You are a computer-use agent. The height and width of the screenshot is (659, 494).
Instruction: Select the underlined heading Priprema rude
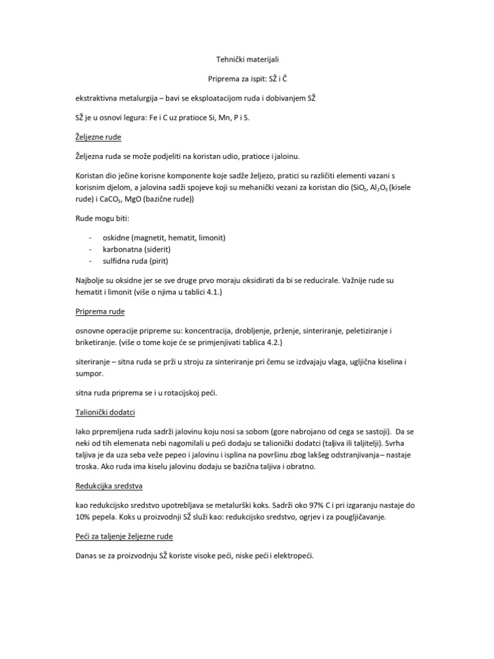(98, 311)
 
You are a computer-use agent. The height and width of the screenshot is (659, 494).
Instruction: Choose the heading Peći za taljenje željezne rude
(124, 536)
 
